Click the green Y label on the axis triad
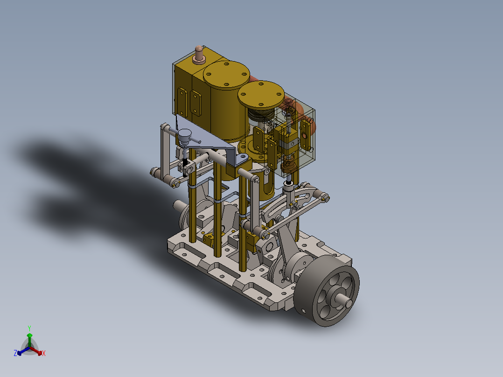(x=29, y=328)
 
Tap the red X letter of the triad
(x=44, y=354)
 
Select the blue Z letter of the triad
(x=15, y=354)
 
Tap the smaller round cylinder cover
(x=261, y=94)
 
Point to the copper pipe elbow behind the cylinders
(x=256, y=79)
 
